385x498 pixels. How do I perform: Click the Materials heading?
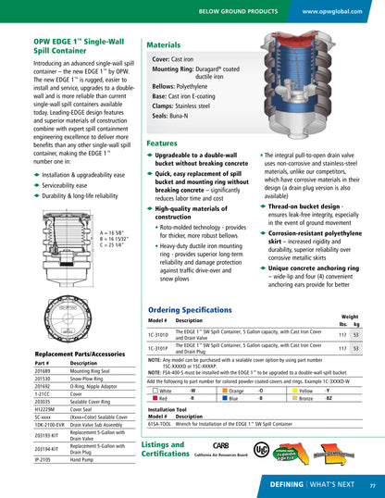[164, 44]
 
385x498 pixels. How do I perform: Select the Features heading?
[162, 143]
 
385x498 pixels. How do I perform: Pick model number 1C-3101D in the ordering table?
[160, 334]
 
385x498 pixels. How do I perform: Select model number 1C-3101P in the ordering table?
[160, 348]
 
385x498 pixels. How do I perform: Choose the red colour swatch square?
[153, 399]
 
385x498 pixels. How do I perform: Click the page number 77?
[372, 485]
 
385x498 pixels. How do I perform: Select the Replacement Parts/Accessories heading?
[79, 355]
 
